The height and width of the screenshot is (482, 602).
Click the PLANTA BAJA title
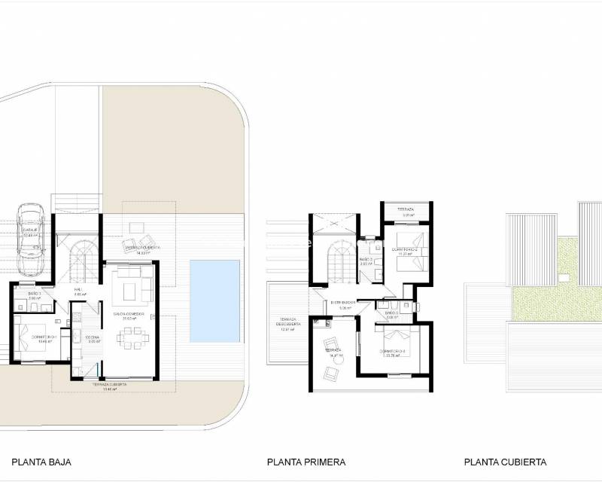(x=41, y=462)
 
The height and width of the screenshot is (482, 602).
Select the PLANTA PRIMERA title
(x=306, y=462)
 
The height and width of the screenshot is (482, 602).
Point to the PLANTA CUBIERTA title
(x=505, y=462)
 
